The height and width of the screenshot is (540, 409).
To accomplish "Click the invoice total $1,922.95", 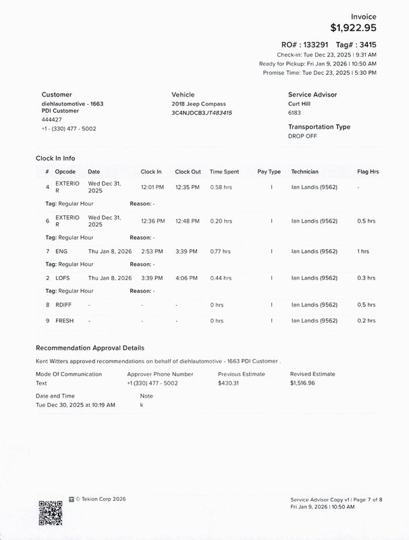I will [353, 28].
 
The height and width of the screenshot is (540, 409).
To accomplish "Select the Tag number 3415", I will [365, 45].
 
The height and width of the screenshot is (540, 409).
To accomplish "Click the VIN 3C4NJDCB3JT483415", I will [202, 113].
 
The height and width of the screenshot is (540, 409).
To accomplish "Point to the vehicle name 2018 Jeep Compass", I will [199, 104].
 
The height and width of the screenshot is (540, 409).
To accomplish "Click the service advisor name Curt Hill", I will [302, 104].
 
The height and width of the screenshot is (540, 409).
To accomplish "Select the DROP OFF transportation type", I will [303, 136].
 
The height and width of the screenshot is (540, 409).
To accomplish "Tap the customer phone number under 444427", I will [69, 128].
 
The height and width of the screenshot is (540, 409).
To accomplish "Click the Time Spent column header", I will [225, 171].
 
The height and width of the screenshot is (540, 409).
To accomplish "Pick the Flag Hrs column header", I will [367, 171].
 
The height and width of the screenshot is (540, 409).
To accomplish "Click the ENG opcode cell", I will [61, 251].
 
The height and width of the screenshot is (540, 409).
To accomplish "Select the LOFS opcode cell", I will [63, 277].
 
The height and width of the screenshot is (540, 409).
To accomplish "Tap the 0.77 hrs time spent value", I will [221, 251].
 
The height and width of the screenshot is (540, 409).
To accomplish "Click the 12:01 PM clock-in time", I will [151, 186].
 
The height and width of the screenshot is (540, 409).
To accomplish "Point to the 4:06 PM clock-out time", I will [186, 277].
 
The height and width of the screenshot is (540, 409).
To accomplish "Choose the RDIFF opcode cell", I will [63, 304].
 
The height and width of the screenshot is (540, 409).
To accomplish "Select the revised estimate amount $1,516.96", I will [302, 383].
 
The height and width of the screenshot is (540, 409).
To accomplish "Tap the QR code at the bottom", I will [51, 513].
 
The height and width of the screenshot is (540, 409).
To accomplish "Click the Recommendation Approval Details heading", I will [90, 348].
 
